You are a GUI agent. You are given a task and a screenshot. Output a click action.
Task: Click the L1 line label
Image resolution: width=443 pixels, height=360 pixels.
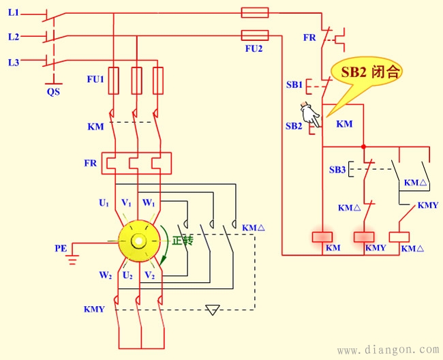(14, 13)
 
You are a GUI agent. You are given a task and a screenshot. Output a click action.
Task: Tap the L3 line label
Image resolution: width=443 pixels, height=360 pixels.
(14, 62)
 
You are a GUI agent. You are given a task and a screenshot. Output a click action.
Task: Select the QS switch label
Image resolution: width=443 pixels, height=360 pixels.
(53, 91)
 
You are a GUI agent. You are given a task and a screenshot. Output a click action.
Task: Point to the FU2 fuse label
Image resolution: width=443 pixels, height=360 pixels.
(254, 50)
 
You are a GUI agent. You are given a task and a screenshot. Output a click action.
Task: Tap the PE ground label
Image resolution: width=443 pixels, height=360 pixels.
(61, 249)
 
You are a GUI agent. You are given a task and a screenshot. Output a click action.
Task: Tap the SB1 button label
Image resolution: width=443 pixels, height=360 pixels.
(294, 85)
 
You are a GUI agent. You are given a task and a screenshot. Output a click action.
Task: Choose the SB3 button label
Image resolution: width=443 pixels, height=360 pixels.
(337, 169)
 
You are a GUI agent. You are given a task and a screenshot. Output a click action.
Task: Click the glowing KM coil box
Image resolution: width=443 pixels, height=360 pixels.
(322, 237)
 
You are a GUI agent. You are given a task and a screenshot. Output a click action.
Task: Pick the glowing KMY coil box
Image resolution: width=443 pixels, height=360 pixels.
(365, 237)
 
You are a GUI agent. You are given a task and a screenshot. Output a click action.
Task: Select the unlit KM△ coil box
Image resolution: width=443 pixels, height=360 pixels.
(398, 237)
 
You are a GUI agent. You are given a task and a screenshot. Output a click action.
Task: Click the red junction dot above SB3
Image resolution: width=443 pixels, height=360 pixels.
(364, 146)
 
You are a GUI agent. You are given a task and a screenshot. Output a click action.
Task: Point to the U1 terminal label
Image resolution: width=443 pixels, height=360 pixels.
(104, 202)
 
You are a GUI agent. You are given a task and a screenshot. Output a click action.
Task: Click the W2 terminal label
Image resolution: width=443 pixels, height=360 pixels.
(105, 275)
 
